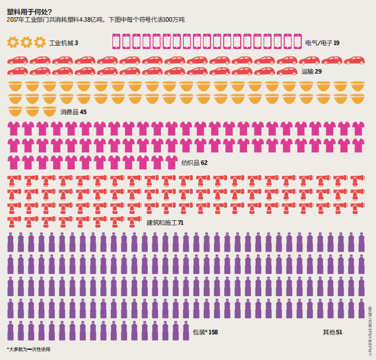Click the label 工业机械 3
[63, 43]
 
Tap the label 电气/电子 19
[322, 43]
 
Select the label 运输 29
[312, 71]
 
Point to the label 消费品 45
[74, 112]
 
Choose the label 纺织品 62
[194, 163]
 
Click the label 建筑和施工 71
[165, 223]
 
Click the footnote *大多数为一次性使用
[29, 349]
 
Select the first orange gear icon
[13, 42]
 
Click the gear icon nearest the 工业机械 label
[39, 42]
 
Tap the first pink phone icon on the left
[116, 42]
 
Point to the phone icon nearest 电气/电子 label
[297, 42]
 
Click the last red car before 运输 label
[287, 71]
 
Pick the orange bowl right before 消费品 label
[49, 111]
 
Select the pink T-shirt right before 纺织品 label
[172, 161]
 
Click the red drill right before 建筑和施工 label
[137, 221]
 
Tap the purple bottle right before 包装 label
[184, 331]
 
